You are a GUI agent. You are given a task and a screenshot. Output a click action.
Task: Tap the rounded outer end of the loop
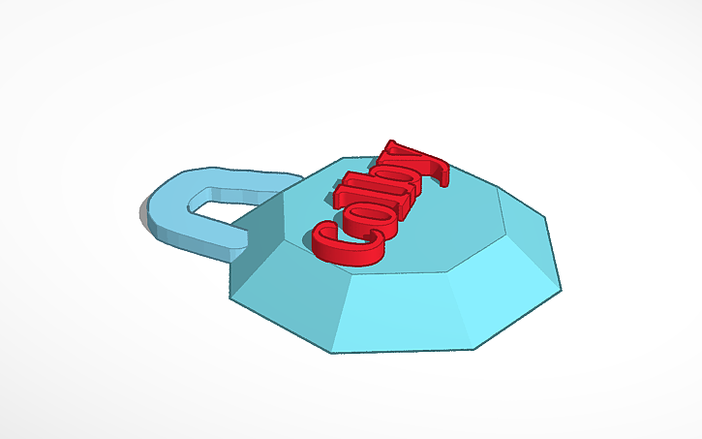(x=155, y=209)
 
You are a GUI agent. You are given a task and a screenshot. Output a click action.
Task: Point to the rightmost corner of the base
(x=562, y=287)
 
